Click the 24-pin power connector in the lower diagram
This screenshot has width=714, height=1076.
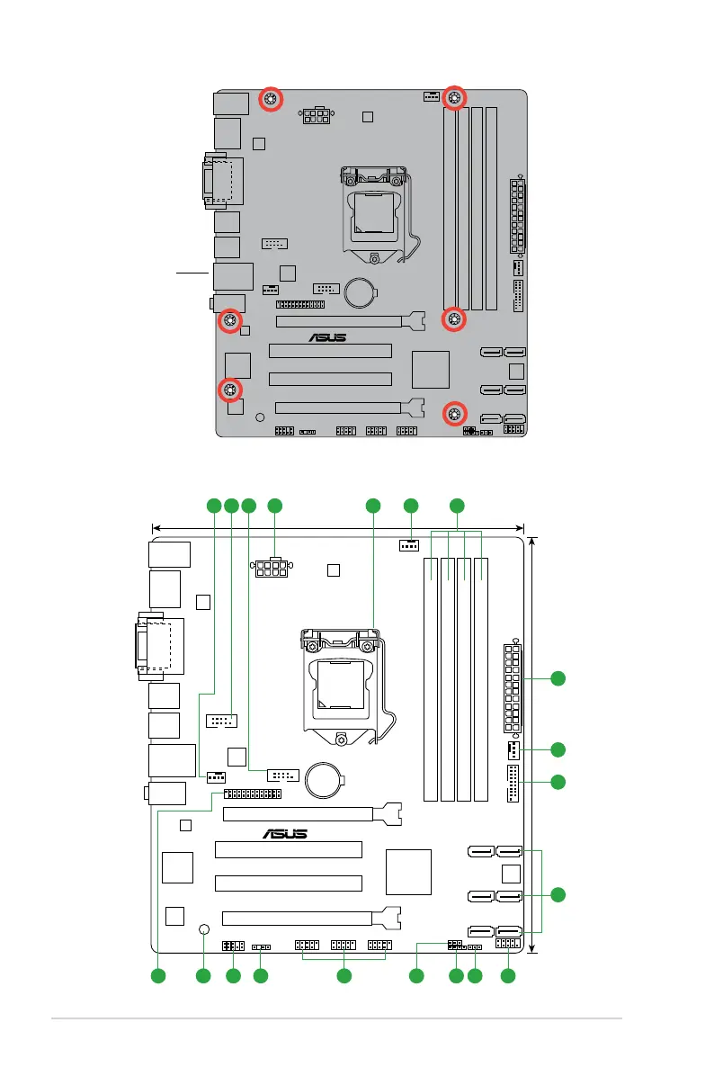pyautogui.click(x=513, y=688)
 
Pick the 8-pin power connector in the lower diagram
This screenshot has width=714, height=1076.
pyautogui.click(x=271, y=569)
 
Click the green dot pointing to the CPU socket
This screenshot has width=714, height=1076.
pyautogui.click(x=373, y=507)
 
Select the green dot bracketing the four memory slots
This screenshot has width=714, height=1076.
pyautogui.click(x=457, y=507)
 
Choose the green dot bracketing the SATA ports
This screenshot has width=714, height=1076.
pyautogui.click(x=559, y=893)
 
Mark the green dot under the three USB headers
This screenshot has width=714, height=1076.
pyautogui.click(x=343, y=975)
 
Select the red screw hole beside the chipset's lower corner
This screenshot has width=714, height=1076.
pyautogui.click(x=455, y=413)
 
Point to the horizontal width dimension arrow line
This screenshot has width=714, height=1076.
pyautogui.click(x=338, y=528)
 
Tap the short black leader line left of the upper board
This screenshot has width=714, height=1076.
pyautogui.click(x=192, y=269)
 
